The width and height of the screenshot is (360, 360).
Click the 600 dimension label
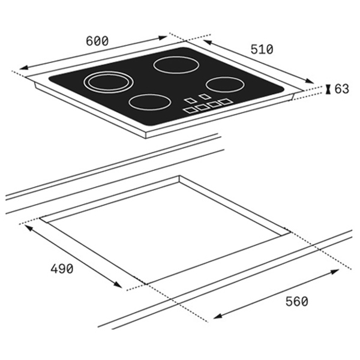(97, 41)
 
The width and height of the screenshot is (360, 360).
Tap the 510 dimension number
(262, 49)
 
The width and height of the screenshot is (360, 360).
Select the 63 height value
(341, 89)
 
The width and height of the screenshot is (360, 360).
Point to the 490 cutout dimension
(62, 268)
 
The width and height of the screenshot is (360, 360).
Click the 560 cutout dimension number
(296, 301)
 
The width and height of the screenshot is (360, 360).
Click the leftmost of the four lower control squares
(191, 110)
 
